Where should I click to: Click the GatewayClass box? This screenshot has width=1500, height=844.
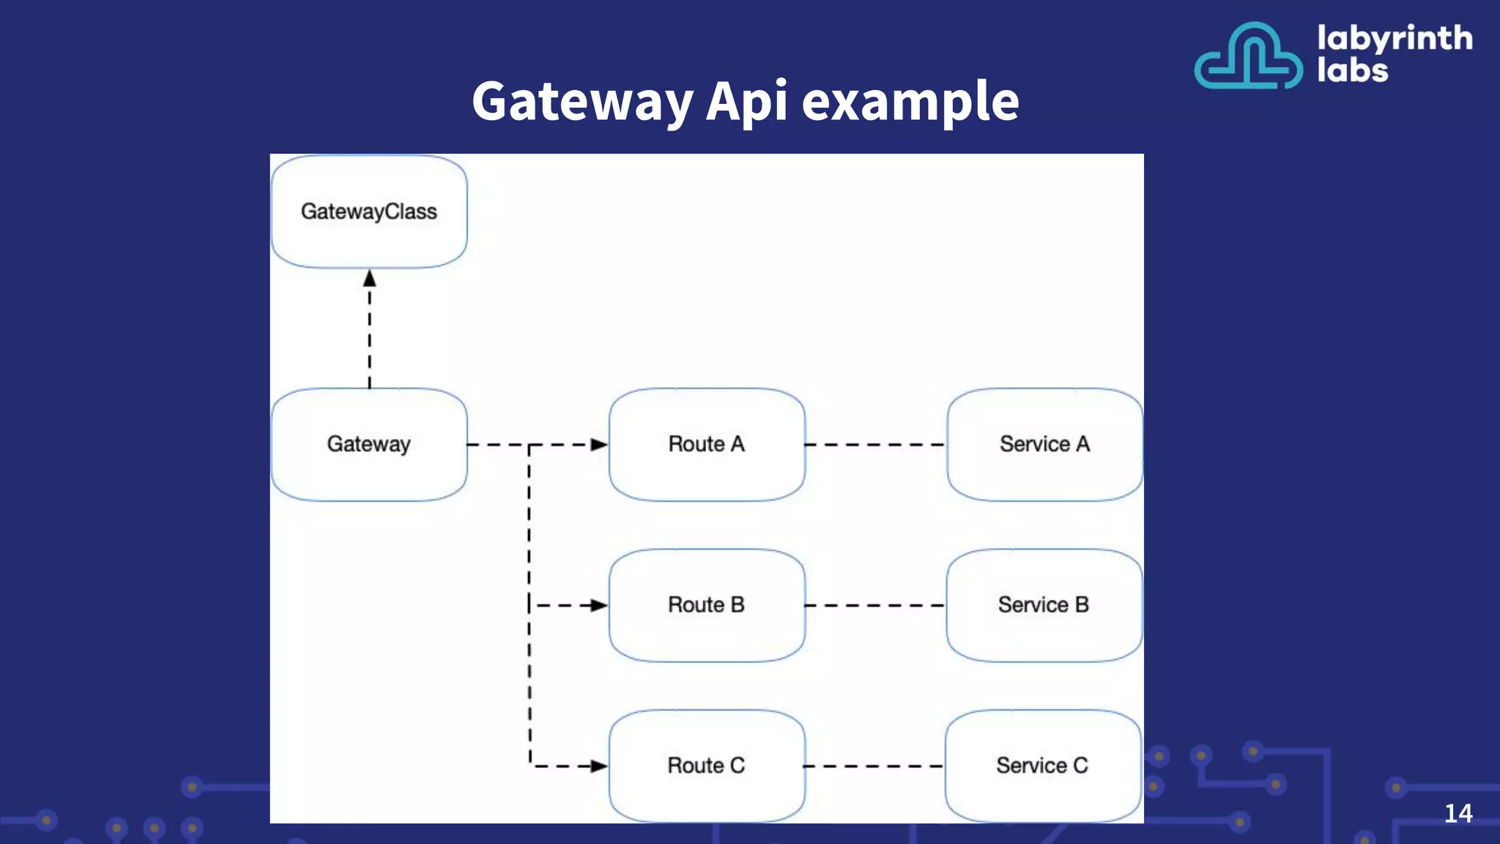pyautogui.click(x=369, y=212)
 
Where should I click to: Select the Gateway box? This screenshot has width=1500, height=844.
pyautogui.click(x=369, y=445)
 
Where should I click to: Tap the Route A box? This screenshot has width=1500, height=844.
pyautogui.click(x=707, y=445)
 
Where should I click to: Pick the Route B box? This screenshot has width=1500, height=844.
pyautogui.click(x=707, y=605)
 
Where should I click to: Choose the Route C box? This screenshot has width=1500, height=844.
pyautogui.click(x=707, y=766)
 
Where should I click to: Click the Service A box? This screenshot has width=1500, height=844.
pyautogui.click(x=1044, y=445)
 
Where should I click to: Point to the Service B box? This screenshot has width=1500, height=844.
pyautogui.click(x=1044, y=605)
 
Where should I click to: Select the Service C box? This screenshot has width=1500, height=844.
pyautogui.click(x=1043, y=766)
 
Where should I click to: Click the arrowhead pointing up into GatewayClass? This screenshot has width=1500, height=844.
pyautogui.click(x=370, y=279)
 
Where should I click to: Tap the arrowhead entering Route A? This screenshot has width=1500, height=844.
pyautogui.click(x=599, y=445)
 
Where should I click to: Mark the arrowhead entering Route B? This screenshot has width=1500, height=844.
pyautogui.click(x=599, y=606)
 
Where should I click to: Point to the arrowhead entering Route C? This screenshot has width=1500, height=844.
pyautogui.click(x=599, y=766)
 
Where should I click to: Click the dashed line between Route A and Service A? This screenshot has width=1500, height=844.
pyautogui.click(x=875, y=445)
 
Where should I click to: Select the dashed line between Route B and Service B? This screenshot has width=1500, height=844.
pyautogui.click(x=875, y=606)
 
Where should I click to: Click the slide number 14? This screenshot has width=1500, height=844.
pyautogui.click(x=1458, y=813)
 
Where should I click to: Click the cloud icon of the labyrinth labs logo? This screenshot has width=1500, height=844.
pyautogui.click(x=1249, y=57)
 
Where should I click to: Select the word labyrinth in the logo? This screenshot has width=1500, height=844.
pyautogui.click(x=1395, y=39)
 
